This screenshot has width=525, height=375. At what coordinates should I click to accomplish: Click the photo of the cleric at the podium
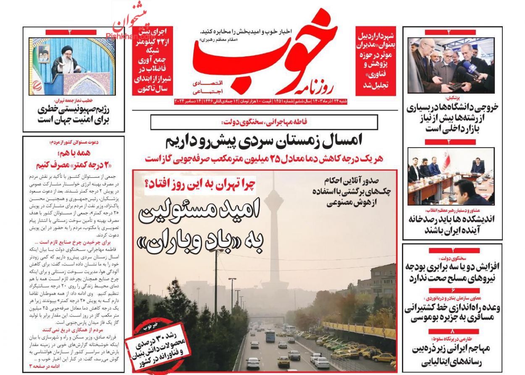[74, 66]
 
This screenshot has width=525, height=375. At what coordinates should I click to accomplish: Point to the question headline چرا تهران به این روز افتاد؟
[200, 183]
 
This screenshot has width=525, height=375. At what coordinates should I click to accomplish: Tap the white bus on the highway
[270, 335]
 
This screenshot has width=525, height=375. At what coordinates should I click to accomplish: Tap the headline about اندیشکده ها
[452, 224]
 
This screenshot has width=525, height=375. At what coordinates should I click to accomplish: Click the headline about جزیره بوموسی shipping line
[452, 313]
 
